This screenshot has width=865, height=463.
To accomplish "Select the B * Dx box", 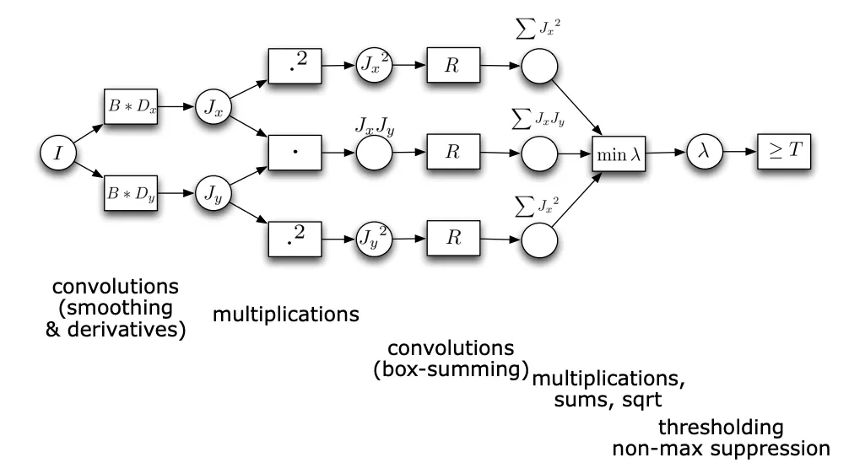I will [130, 108].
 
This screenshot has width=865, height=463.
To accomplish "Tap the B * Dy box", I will [130, 194].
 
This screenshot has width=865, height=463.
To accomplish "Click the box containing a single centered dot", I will [295, 153].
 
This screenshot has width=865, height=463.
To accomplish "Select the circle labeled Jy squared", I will [374, 238].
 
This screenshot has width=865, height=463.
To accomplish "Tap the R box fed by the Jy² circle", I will [453, 238].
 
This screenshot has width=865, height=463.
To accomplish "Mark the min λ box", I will [619, 153].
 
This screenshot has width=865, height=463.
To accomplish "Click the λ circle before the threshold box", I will [703, 153].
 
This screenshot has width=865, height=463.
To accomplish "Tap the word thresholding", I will [721, 426].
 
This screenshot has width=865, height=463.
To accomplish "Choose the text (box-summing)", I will [451, 369].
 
